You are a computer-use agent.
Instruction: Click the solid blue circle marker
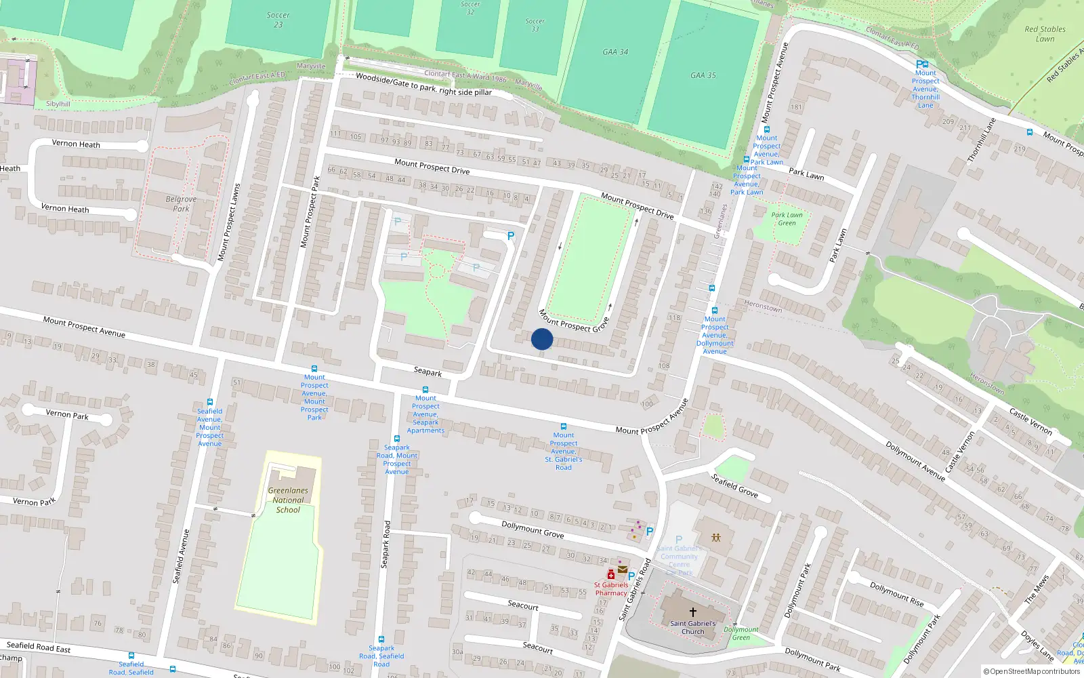click(x=542, y=339)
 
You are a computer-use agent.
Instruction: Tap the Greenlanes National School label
click(x=288, y=500)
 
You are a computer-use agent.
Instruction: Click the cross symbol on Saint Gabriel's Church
click(x=692, y=612)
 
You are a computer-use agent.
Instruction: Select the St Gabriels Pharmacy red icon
click(x=611, y=574)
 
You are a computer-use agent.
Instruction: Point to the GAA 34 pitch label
click(x=615, y=52)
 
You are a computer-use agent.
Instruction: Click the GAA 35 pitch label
click(x=703, y=75)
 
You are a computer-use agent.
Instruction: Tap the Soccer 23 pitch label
click(x=278, y=20)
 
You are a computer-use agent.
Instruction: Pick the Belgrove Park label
click(x=181, y=204)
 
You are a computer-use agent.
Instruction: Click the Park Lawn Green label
click(x=787, y=219)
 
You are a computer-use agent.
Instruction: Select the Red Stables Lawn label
click(x=1045, y=34)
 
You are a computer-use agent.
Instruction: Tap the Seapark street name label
click(x=428, y=372)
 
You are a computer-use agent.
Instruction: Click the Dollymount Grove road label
click(x=533, y=529)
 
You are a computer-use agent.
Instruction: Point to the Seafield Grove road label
click(x=734, y=485)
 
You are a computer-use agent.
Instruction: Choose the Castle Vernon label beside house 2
click(x=1030, y=421)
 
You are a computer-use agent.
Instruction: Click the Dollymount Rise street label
click(x=896, y=595)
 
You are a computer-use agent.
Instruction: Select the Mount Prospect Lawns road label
click(x=228, y=222)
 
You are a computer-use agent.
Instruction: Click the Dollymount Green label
click(x=741, y=633)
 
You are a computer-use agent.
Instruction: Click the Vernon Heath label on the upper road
click(x=76, y=144)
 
